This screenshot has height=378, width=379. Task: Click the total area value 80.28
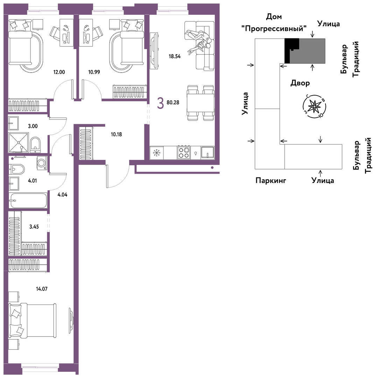click(173, 103)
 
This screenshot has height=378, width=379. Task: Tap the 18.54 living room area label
click(175, 57)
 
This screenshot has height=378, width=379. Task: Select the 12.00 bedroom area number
click(59, 72)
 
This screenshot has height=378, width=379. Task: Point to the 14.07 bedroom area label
click(42, 289)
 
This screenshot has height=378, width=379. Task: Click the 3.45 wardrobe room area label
click(34, 227)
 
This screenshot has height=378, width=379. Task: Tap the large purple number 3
click(160, 103)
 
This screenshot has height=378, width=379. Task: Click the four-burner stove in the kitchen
click(184, 152)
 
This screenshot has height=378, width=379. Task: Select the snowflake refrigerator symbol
click(157, 153)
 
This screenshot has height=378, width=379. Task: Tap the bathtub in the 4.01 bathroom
click(28, 200)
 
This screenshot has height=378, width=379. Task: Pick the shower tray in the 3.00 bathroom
click(18, 142)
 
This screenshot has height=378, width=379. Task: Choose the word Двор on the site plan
click(300, 83)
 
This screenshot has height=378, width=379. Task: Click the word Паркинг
click(271, 180)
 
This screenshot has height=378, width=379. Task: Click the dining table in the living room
click(201, 103)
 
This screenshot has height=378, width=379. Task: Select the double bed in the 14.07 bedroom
click(33, 321)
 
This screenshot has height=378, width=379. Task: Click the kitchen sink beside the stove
click(208, 153)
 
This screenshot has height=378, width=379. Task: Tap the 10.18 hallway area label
click(116, 134)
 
